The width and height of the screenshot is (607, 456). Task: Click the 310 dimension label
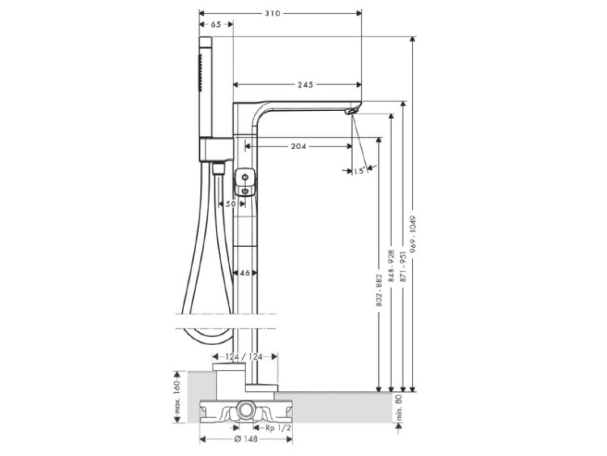pos(272,13)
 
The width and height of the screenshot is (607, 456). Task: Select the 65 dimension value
pos(216,24)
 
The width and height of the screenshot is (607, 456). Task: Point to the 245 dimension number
pos(305,84)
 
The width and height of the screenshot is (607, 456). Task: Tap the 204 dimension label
pos(299,146)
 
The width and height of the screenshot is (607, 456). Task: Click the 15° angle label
pos(359,170)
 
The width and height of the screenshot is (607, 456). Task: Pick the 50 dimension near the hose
pos(231,204)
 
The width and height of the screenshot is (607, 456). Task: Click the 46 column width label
pos(244,273)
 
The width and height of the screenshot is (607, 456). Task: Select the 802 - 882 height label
pos(379,291)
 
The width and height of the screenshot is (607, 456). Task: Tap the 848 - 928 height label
pos(392,266)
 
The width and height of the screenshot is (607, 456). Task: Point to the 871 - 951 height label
pos(403,267)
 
